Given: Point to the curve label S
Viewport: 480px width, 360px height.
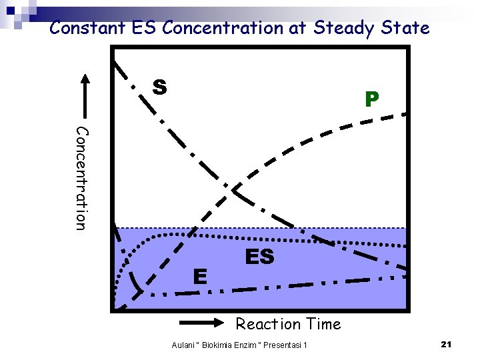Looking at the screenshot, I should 159,87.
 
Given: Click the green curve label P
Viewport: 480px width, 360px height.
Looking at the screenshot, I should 371,100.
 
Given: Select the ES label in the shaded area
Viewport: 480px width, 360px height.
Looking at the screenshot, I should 259,257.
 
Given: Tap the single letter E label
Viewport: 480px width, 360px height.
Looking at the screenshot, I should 199,275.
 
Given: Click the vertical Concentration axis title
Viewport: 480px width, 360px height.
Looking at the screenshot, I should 80,178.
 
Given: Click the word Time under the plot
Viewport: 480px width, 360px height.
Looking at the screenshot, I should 323,325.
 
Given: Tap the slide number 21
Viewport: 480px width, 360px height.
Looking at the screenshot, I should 447,344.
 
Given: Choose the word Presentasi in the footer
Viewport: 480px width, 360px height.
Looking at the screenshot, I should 283,345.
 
